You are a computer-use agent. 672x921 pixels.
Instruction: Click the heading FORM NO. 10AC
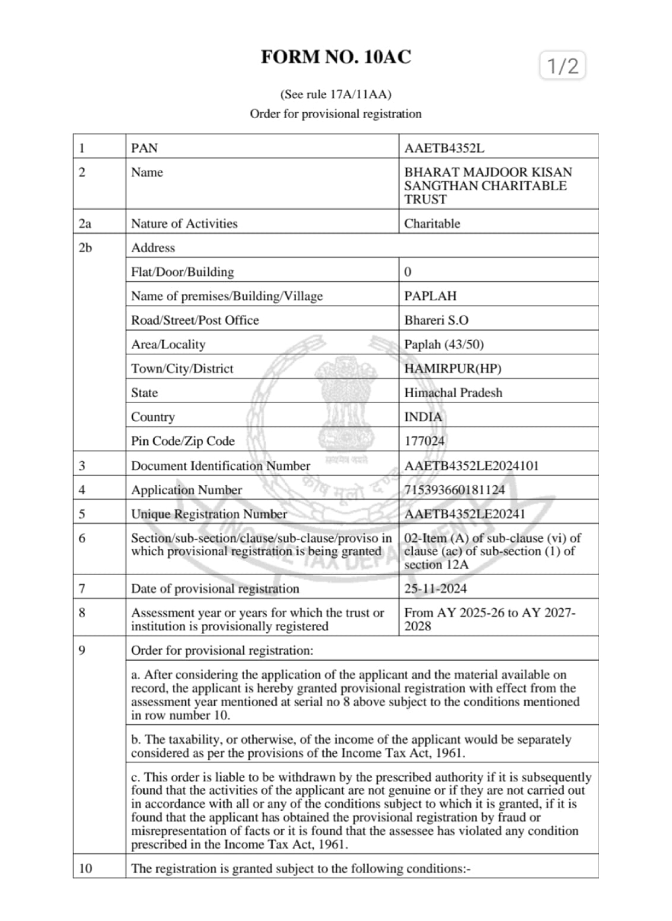tap(336, 57)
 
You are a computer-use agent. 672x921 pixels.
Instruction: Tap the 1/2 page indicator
tap(563, 66)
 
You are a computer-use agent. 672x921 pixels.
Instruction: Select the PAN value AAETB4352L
tap(444, 148)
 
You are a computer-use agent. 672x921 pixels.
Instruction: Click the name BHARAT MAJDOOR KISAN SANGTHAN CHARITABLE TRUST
tap(487, 185)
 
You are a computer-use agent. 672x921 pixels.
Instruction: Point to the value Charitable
tap(432, 223)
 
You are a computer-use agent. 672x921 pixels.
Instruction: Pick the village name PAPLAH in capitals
tap(430, 296)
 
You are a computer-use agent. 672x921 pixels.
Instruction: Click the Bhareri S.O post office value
tap(436, 320)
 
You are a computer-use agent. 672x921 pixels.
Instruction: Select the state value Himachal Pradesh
tap(453, 393)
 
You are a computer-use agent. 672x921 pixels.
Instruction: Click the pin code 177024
tap(424, 441)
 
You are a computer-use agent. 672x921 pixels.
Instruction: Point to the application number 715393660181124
tap(454, 489)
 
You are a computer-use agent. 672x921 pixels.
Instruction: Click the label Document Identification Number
tap(220, 466)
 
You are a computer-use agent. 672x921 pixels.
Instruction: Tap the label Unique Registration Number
tap(209, 514)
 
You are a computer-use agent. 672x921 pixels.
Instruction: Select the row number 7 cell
tap(82, 588)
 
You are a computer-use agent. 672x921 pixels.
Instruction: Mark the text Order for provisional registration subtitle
tap(335, 114)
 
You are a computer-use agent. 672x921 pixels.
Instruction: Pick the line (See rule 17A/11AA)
tap(336, 94)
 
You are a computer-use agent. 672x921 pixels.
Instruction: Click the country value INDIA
tap(423, 417)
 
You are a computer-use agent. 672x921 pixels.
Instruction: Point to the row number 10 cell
tap(86, 868)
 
